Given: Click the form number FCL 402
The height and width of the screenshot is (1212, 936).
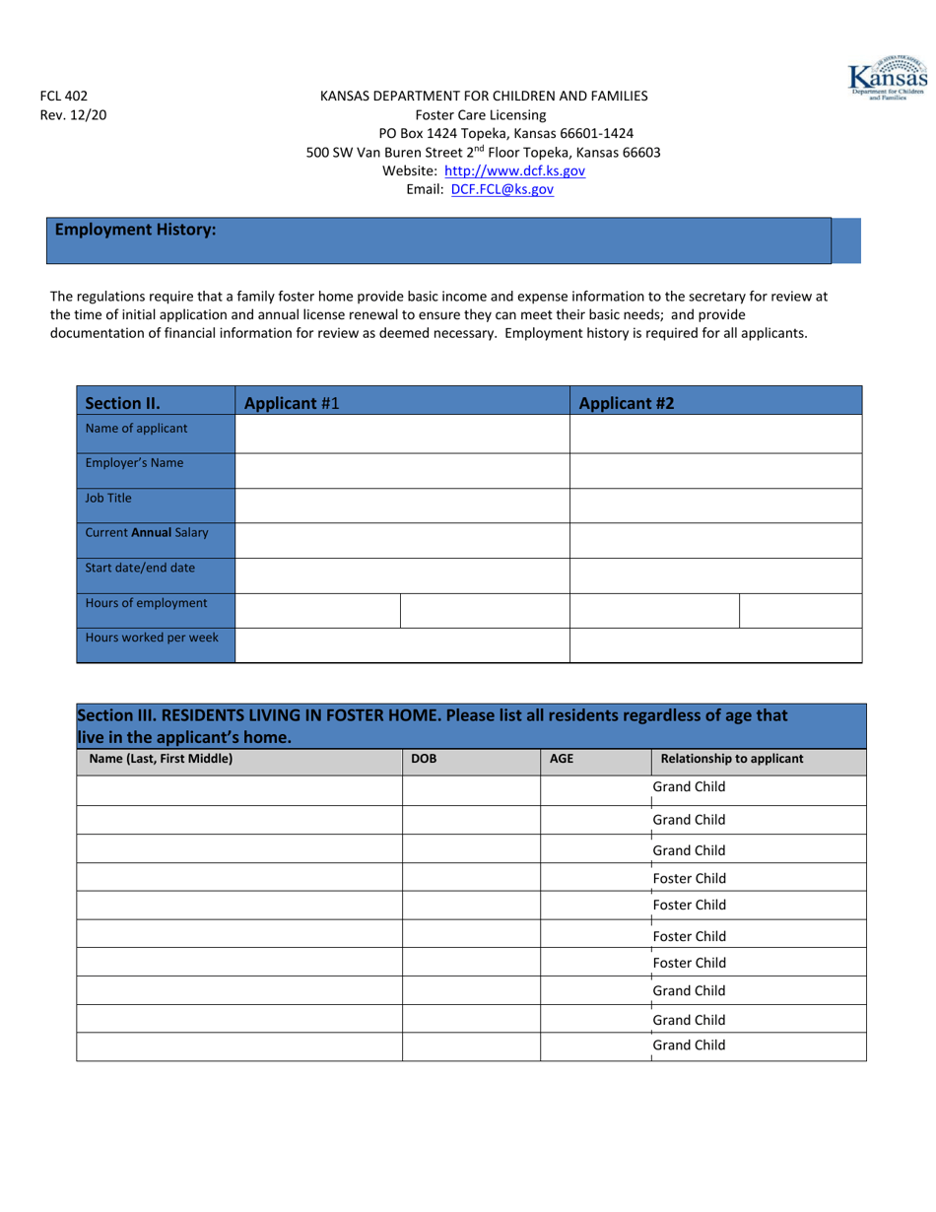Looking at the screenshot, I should click(x=63, y=96).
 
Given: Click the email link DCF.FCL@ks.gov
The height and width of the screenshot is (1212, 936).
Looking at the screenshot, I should click(x=501, y=189).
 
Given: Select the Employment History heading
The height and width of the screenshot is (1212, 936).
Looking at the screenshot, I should click(x=135, y=230).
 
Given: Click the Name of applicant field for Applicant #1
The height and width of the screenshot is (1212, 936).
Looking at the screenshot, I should click(x=402, y=434).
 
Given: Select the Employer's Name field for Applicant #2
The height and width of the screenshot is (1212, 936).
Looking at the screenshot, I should click(x=715, y=469).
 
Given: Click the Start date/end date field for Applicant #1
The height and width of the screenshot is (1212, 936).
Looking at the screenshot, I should click(x=402, y=575).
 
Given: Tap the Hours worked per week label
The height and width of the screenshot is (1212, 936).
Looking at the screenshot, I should click(x=152, y=638).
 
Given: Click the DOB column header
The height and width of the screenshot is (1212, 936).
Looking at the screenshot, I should click(x=424, y=759).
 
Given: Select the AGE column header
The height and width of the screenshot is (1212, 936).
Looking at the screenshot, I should click(x=561, y=759).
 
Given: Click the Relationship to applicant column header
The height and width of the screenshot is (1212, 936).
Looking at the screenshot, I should click(x=731, y=759).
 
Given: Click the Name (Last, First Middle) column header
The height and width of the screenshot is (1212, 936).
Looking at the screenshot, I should click(x=161, y=759).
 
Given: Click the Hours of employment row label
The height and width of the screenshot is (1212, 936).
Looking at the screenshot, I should click(x=146, y=603).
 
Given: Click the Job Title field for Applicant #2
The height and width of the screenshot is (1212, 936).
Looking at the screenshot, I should click(x=715, y=505).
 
